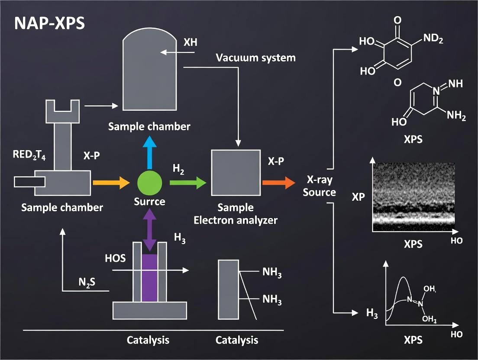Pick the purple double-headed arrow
150,230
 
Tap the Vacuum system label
255,58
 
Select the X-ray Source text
320,186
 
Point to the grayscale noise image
414,194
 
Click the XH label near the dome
191,43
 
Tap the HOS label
115,258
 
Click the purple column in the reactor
150,277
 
